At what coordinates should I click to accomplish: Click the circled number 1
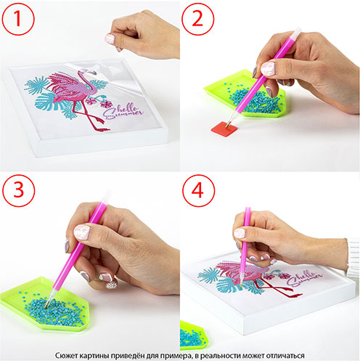pyautogui.click(x=18, y=19)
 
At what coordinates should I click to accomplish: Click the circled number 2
pyautogui.click(x=197, y=19)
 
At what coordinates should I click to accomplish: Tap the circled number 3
pyautogui.click(x=18, y=190)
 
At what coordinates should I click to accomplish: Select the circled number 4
pyautogui.click(x=198, y=190)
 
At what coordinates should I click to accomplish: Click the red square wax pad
pyautogui.click(x=224, y=129)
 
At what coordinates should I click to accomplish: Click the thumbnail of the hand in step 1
pyautogui.click(x=110, y=38)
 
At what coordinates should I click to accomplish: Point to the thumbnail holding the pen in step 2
pyautogui.click(x=268, y=68)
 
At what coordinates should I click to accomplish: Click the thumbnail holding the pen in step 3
pyautogui.click(x=82, y=232)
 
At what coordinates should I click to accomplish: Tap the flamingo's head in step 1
pyautogui.click(x=89, y=72)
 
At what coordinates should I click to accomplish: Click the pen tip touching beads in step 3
pyautogui.click(x=46, y=306)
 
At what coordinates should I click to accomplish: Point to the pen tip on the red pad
pyautogui.click(x=228, y=125)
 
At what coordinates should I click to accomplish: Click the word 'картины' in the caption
pyautogui.click(x=91, y=356)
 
